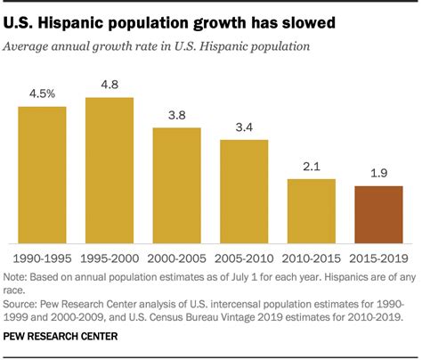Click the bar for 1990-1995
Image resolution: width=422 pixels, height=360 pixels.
(42, 174)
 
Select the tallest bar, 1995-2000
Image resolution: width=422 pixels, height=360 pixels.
(110, 169)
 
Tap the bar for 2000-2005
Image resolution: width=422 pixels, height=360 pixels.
(176, 184)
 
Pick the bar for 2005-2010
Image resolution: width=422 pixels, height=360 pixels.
(243, 190)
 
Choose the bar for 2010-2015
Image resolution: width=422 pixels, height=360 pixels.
(311, 210)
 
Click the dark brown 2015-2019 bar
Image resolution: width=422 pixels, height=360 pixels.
(378, 214)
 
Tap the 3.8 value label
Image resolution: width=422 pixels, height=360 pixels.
(176, 117)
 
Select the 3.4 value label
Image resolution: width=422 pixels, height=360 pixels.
(243, 127)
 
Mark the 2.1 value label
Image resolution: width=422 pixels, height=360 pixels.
(311, 168)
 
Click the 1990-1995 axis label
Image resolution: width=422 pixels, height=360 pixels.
(42, 256)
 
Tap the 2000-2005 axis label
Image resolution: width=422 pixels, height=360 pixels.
(176, 256)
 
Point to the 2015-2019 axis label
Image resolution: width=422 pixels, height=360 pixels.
(378, 256)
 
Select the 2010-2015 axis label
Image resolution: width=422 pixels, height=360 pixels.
(311, 256)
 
